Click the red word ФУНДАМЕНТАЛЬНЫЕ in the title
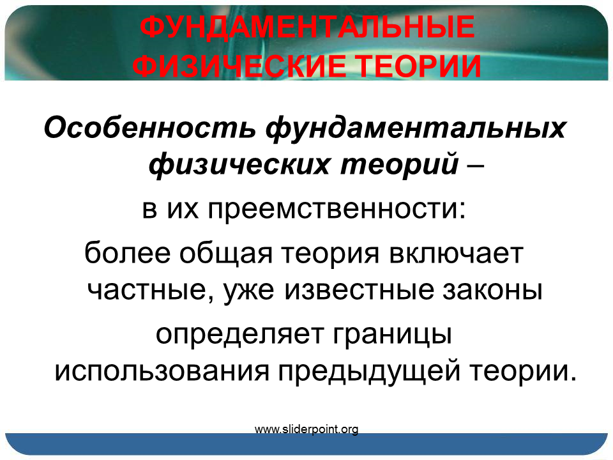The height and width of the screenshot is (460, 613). point(307,27)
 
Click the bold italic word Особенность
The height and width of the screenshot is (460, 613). point(149,128)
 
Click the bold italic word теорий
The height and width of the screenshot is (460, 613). point(399,164)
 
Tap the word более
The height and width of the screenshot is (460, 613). point(128,253)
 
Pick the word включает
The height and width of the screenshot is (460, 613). point(456,254)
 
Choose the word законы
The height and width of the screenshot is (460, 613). point(492,291)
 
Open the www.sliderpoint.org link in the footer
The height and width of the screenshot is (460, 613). point(306,429)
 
